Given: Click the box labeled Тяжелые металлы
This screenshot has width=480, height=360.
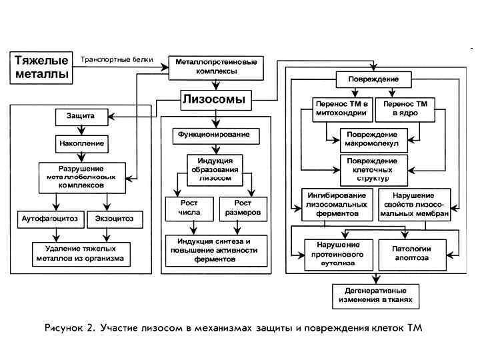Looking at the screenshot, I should pos(41,67).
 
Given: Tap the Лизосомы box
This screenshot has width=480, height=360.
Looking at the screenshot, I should pos(214,100).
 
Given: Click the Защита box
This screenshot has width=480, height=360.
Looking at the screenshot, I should pos(80,117).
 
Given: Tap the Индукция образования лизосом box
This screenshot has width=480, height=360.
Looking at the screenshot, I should pos(214,169).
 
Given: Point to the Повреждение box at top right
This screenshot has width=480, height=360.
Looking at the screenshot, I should pos(372,79).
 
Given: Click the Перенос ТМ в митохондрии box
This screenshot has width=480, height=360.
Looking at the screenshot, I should pos(340,109).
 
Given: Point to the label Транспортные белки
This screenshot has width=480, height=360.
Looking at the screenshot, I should pos(117,60).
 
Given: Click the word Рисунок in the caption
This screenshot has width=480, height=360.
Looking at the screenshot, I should pos(69,328).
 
